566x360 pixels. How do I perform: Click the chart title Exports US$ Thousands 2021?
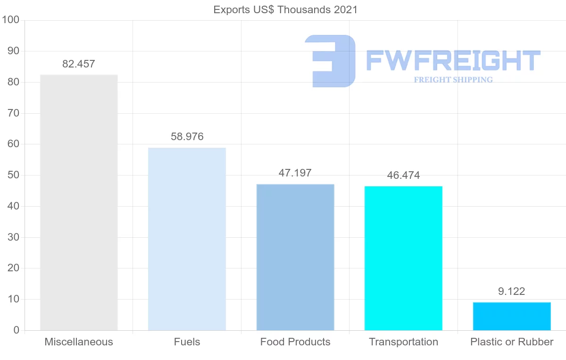tap(285, 9)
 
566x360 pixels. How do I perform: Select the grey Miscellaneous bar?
tap(79, 202)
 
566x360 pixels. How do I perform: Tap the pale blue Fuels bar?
tap(187, 239)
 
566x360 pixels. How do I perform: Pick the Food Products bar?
tap(295, 257)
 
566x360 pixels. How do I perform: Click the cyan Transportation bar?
tap(403, 258)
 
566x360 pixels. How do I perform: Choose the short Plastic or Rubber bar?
tap(512, 316)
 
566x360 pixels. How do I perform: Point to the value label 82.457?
tap(79, 64)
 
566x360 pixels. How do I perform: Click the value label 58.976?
tap(187, 137)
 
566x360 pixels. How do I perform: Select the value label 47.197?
tap(295, 173)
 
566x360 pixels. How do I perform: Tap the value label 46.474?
tap(403, 176)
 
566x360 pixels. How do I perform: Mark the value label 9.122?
tap(512, 292)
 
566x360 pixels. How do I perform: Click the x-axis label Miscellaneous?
tap(79, 342)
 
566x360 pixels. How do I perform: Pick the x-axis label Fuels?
tap(187, 342)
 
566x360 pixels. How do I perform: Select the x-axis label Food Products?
tap(295, 342)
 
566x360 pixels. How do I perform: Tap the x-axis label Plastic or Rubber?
tap(512, 342)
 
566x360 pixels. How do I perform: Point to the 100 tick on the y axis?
tap(10, 20)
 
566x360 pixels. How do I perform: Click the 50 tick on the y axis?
tap(13, 175)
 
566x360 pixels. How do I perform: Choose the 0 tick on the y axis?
tap(16, 330)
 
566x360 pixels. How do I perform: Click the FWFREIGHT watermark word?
tap(453, 60)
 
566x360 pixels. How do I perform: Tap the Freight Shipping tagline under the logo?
tap(453, 80)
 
